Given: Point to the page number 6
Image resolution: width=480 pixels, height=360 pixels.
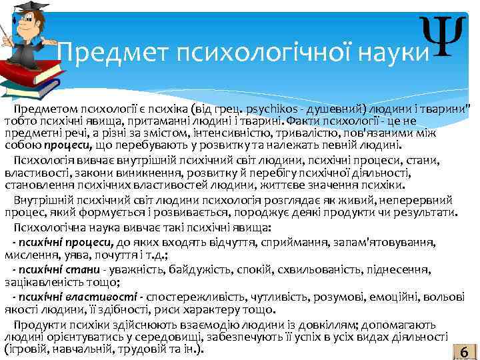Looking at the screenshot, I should [463, 351].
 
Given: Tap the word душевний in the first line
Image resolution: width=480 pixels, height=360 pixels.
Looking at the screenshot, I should [327, 109].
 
